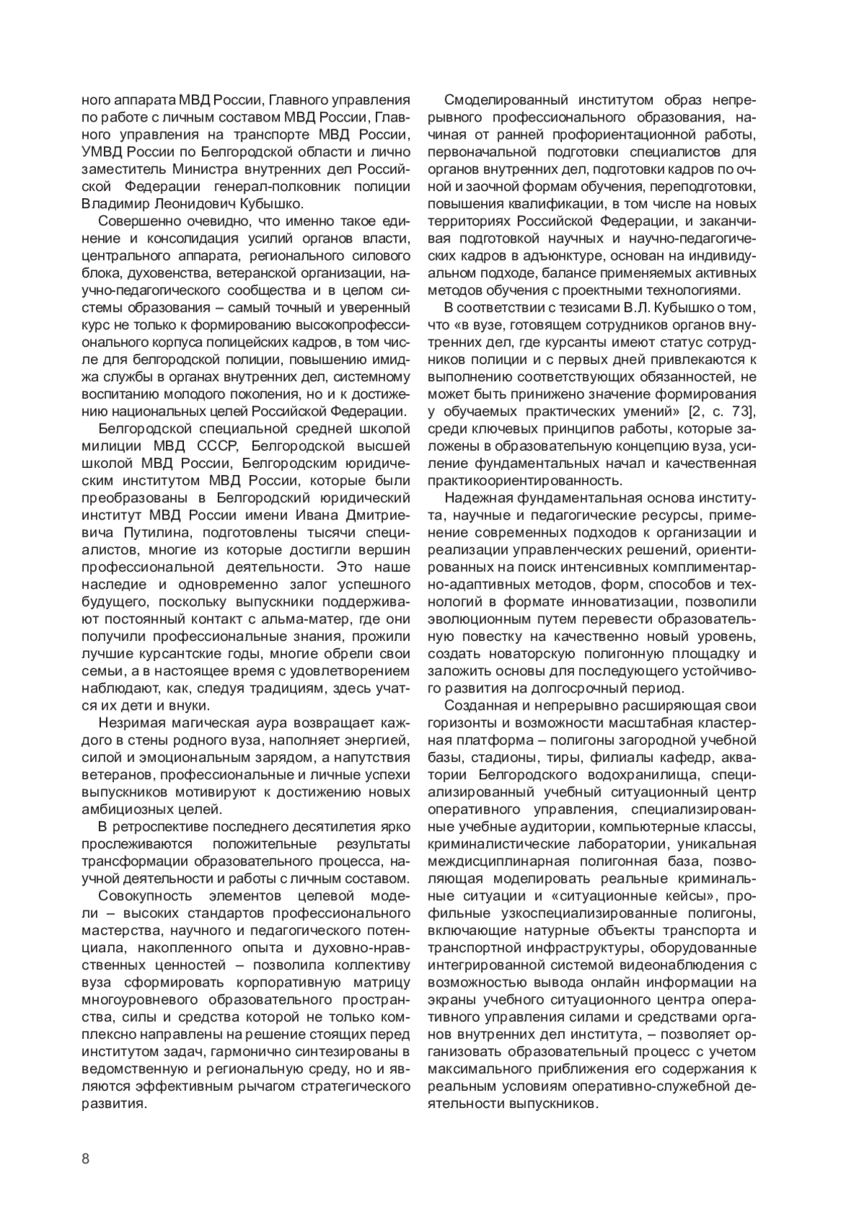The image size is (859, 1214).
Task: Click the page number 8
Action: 85,1160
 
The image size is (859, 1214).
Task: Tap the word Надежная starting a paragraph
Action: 475,499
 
